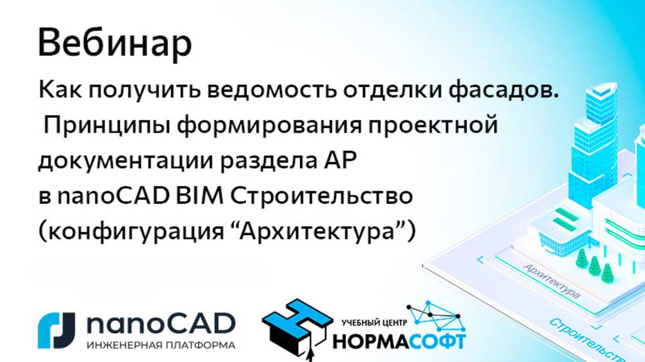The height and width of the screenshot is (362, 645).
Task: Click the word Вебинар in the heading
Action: click(115, 43)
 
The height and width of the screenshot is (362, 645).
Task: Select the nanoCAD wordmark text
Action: click(160, 324)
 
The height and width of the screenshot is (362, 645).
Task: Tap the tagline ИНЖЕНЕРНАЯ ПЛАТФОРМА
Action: click(160, 345)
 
